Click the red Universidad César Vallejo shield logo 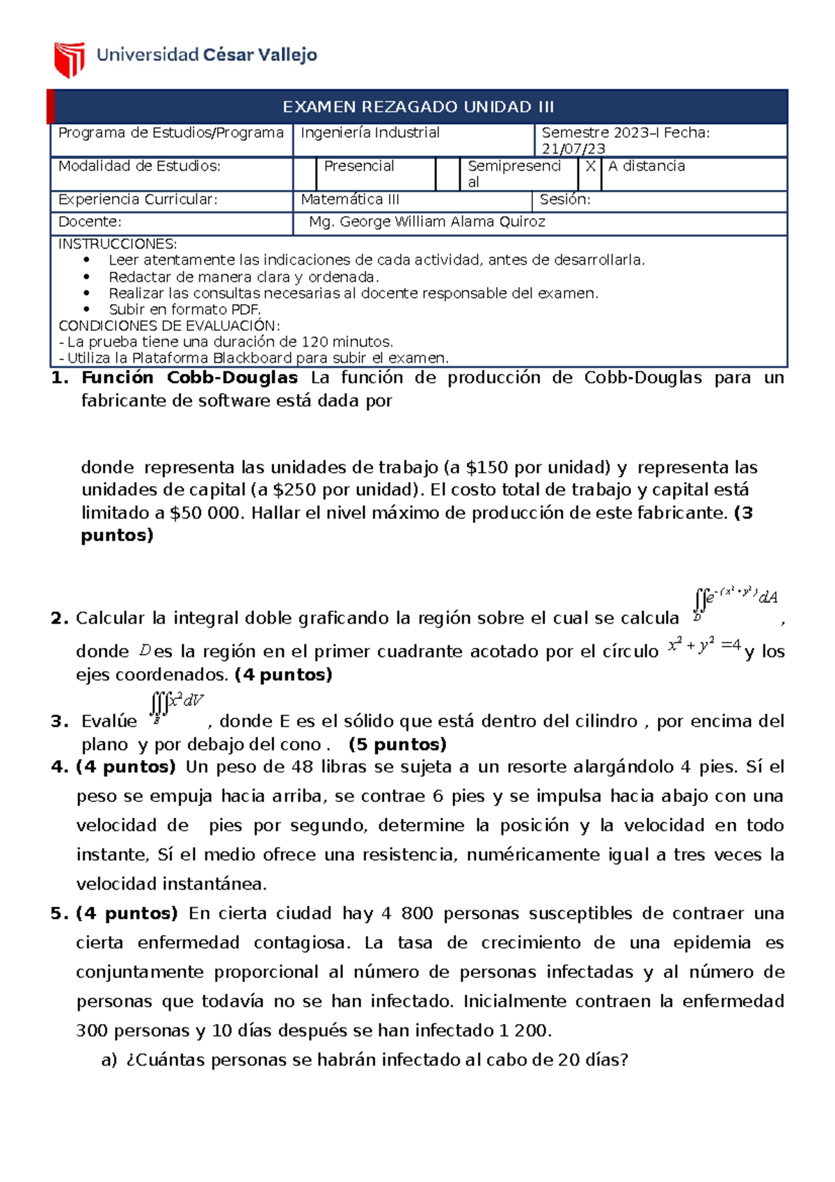point(70,59)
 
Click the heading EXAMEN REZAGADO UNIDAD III point(418,107)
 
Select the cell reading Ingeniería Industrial point(370,133)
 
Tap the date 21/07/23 point(573,149)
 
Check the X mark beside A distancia point(590,166)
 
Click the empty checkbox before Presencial point(305,174)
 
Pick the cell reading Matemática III point(350,200)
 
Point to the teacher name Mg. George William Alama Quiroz point(427,222)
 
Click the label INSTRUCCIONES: point(118,244)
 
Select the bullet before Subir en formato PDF point(87,310)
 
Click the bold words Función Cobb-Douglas point(189,378)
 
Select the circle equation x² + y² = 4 point(704,646)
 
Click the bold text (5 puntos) point(397,745)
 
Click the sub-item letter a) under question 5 point(109,1061)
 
